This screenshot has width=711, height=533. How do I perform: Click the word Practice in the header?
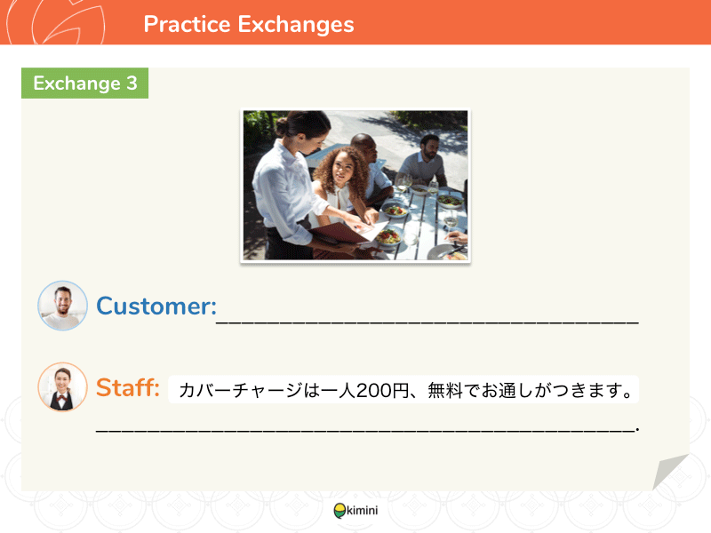point(187,24)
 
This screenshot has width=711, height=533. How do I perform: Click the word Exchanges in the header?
point(296,25)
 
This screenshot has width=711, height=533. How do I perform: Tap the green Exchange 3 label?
point(84,83)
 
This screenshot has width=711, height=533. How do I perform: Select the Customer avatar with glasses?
point(62,306)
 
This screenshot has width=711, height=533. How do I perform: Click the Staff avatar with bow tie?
point(62,386)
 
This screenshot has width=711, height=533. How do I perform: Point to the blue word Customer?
point(156,306)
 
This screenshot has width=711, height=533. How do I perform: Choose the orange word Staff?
point(128,387)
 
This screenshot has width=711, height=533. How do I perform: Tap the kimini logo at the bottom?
point(356,510)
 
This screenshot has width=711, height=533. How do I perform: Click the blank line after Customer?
point(427,322)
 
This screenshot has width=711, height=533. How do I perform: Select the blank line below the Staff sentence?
point(367,430)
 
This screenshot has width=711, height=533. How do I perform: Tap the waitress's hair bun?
point(282,126)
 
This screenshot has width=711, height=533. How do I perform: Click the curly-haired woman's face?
point(343,172)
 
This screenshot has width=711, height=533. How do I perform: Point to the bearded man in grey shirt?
point(424,162)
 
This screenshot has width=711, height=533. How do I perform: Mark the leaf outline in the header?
point(68,23)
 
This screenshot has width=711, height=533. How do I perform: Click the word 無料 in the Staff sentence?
point(445,390)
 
